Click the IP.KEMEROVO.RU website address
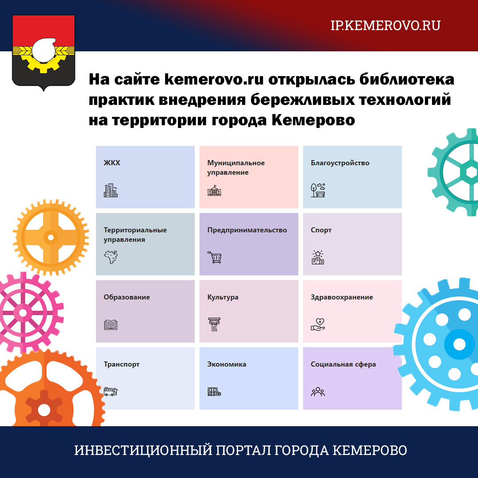pyautogui.click(x=385, y=26)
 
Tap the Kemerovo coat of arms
pyautogui.click(x=43, y=52)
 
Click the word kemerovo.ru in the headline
pyautogui.click(x=214, y=79)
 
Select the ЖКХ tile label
pyautogui.click(x=112, y=163)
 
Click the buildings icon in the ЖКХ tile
pyautogui.click(x=111, y=190)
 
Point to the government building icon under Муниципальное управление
pyautogui.click(x=214, y=190)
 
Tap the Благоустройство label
pyautogui.click(x=340, y=163)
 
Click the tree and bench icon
pyautogui.click(x=318, y=190)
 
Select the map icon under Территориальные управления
pyautogui.click(x=111, y=257)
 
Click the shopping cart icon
pyautogui.click(x=214, y=257)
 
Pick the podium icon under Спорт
pyautogui.click(x=318, y=257)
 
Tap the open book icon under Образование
pyautogui.click(x=111, y=325)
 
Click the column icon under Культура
pyautogui.click(x=214, y=324)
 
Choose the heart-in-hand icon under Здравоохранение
pyautogui.click(x=318, y=324)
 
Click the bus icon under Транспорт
pyautogui.click(x=111, y=391)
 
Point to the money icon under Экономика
pyautogui.click(x=214, y=392)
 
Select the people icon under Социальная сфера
pyautogui.click(x=318, y=392)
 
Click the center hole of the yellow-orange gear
pyautogui.click(x=51, y=237)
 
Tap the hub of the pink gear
pyautogui.click(x=23, y=313)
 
